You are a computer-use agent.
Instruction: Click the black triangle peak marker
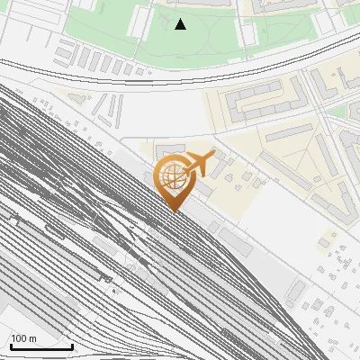click(x=181, y=24)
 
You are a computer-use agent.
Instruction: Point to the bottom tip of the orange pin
click(x=173, y=211)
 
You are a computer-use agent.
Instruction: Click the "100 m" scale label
click(x=22, y=338)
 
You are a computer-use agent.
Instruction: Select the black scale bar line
click(x=41, y=346)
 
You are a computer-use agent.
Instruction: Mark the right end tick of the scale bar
click(x=72, y=345)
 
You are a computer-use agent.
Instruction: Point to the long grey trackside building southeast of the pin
click(x=236, y=239)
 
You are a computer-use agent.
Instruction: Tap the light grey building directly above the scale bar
click(x=18, y=310)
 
